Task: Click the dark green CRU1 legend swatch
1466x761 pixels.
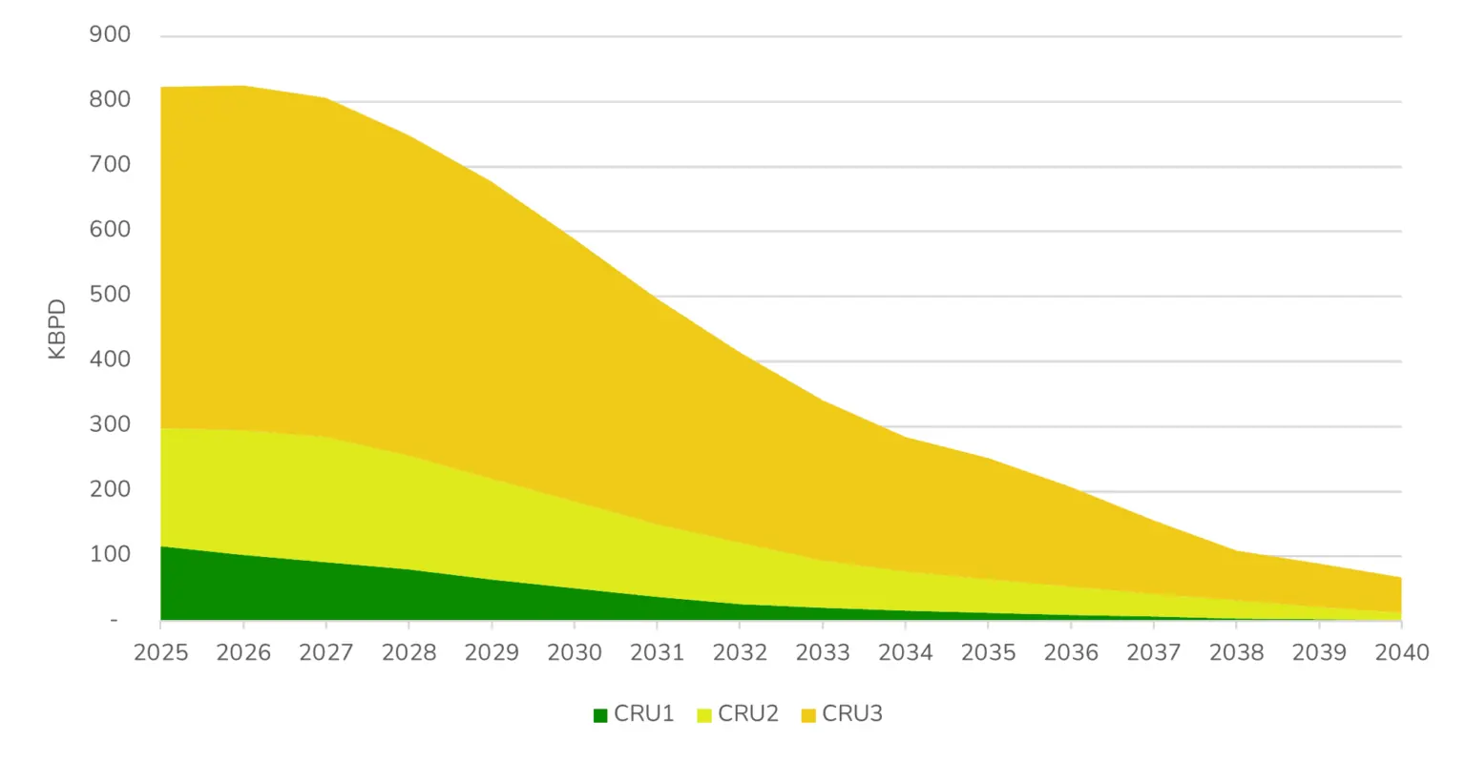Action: [600, 715]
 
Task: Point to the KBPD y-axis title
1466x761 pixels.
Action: [57, 329]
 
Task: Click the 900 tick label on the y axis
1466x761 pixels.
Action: [110, 35]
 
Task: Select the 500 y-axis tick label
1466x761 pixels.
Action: [110, 295]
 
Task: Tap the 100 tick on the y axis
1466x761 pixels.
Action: [110, 555]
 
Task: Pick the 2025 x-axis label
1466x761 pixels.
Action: [160, 652]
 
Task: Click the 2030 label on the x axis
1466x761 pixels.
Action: [575, 652]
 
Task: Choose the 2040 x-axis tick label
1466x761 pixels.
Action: [1401, 652]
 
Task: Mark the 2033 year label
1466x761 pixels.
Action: [823, 652]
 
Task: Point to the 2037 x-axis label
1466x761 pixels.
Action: [1153, 652]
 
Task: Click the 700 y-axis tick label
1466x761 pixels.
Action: [110, 165]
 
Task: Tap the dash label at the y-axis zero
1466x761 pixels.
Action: [115, 621]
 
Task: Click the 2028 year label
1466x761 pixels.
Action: [408, 652]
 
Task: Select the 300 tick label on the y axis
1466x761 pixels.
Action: [110, 425]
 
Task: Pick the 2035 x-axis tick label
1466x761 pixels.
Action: [988, 652]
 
